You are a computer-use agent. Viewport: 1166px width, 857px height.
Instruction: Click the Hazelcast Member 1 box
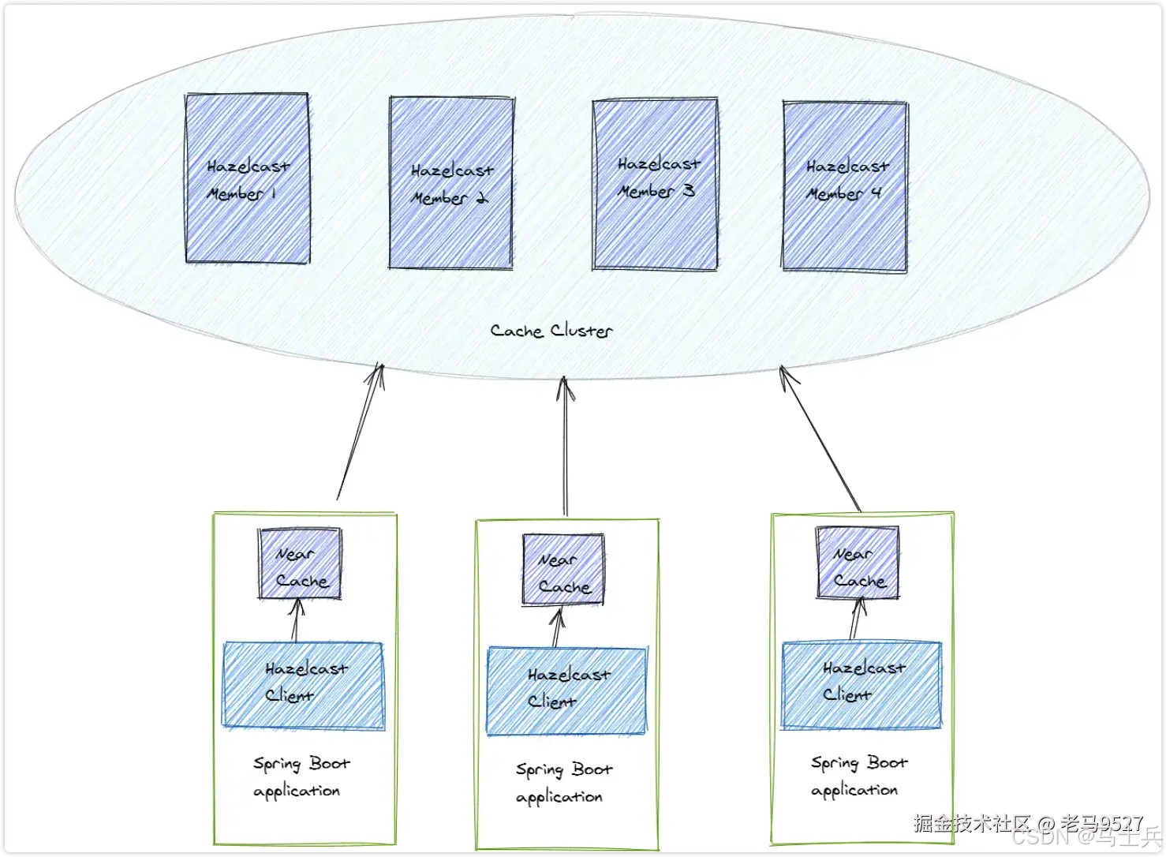tap(247, 178)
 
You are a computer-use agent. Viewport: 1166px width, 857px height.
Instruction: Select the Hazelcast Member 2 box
tap(451, 183)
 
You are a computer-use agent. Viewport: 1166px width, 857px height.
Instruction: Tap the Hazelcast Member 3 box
tap(655, 184)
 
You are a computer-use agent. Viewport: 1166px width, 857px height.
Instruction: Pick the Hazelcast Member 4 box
tap(845, 185)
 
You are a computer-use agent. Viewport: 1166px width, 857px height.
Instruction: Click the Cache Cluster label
tap(551, 331)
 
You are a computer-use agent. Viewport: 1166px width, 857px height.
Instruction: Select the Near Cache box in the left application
tap(300, 563)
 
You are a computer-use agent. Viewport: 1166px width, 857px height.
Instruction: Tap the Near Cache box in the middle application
tap(563, 570)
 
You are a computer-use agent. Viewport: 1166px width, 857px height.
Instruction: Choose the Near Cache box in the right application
tap(858, 563)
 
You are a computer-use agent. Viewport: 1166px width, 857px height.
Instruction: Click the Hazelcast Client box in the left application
tap(304, 684)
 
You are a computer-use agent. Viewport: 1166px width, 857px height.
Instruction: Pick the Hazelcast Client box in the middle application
tap(566, 690)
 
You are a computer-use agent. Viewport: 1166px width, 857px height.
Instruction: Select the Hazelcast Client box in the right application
tap(861, 684)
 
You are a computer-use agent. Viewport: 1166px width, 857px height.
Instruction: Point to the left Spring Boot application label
tap(300, 777)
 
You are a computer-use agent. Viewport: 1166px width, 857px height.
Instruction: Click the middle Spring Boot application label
tap(562, 783)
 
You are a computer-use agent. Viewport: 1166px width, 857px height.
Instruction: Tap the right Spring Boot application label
tap(858, 777)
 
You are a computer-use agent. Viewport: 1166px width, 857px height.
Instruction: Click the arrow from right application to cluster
tap(820, 438)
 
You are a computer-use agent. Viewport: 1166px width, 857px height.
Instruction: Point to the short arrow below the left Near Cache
tap(297, 620)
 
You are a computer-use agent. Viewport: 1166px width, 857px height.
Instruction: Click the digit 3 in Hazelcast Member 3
tap(688, 190)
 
